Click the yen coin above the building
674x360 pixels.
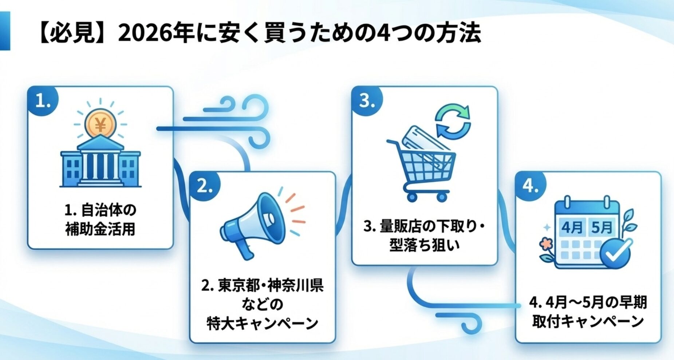coord(100,125)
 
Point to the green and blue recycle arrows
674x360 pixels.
coord(453,122)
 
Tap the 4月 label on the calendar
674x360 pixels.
coord(572,228)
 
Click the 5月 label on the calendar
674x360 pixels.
coord(602,228)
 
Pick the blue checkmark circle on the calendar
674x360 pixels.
coord(615,253)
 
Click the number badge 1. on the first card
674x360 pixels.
coord(43,101)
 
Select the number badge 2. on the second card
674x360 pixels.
coord(205,186)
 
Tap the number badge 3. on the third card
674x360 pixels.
coord(367,101)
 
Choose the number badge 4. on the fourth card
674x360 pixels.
coord(531,186)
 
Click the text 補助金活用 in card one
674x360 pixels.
coord(100,229)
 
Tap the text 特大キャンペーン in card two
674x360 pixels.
coord(263,323)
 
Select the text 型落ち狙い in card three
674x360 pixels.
coord(425,245)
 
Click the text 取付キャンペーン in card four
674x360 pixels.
coord(588,321)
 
